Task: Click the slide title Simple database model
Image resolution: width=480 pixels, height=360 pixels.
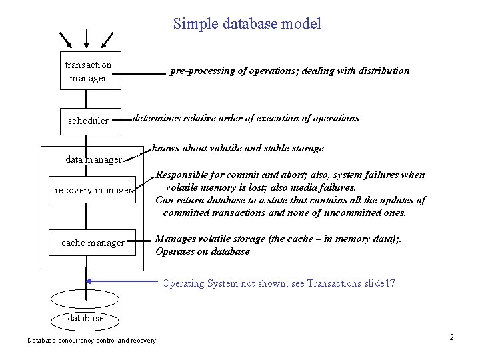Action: tap(247, 25)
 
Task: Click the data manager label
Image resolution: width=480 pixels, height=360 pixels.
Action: tap(93, 159)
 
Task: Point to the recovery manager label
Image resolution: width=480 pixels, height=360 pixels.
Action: tap(93, 191)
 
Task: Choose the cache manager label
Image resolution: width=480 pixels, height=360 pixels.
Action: tap(93, 243)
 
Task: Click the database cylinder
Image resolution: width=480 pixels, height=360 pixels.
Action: tap(86, 309)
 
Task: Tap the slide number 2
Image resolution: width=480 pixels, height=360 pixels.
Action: tap(451, 337)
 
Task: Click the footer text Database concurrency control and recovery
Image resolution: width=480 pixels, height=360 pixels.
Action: tap(91, 341)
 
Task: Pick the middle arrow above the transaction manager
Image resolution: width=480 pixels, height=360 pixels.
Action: tap(87, 39)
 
